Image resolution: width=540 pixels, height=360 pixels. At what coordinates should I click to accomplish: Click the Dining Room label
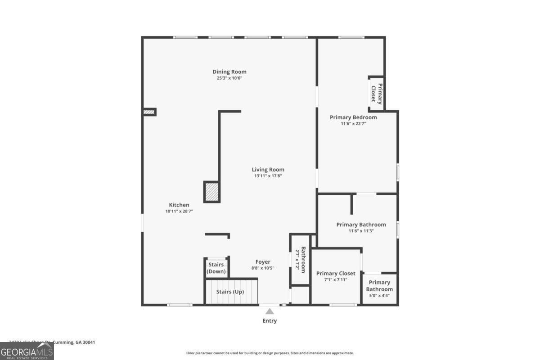click(x=229, y=72)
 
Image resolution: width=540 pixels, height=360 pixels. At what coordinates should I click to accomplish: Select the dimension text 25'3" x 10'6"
click(x=229, y=78)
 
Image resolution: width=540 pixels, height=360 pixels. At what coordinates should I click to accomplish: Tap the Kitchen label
click(x=179, y=205)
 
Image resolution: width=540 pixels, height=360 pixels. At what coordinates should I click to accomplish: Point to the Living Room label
click(x=268, y=170)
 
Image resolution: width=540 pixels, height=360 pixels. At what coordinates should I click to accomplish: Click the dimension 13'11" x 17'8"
click(x=268, y=176)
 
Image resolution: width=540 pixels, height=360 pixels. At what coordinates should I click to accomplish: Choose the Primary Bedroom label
click(x=353, y=117)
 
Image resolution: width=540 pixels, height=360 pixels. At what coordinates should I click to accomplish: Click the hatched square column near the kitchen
click(x=211, y=192)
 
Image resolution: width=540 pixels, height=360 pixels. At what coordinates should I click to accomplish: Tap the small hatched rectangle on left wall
click(x=149, y=112)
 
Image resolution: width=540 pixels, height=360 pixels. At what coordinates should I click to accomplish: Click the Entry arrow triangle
click(x=270, y=311)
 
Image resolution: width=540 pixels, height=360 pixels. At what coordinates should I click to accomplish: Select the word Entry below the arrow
click(x=270, y=321)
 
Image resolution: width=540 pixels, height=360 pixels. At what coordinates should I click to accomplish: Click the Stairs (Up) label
click(x=230, y=292)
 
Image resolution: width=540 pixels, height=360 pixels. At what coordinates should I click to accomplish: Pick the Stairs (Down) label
click(x=216, y=268)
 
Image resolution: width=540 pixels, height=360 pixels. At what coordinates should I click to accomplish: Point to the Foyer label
click(x=263, y=262)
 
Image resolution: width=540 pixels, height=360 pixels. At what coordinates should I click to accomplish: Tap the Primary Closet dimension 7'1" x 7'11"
click(x=336, y=279)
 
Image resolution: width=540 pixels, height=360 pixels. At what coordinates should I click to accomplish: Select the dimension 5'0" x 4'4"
click(x=379, y=295)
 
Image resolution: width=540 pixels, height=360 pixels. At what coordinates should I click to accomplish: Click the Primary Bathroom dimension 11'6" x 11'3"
click(x=361, y=231)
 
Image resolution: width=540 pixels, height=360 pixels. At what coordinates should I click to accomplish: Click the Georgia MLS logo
click(x=27, y=351)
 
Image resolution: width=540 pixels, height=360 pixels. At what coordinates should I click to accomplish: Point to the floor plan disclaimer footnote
click(x=270, y=353)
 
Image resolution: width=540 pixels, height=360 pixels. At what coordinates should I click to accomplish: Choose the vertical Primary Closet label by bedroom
click(x=376, y=93)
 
